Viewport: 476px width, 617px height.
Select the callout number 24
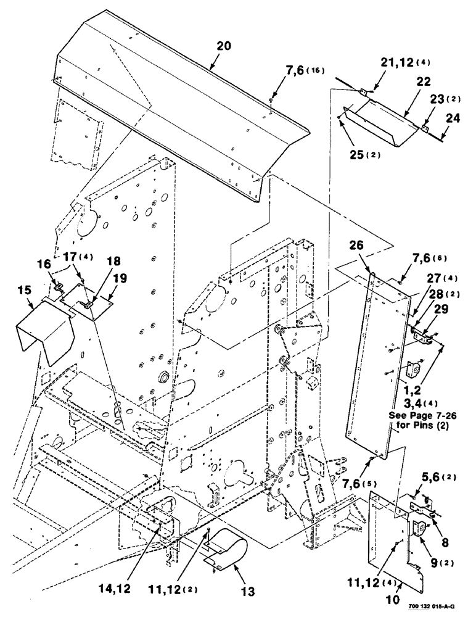(x=453, y=114)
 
